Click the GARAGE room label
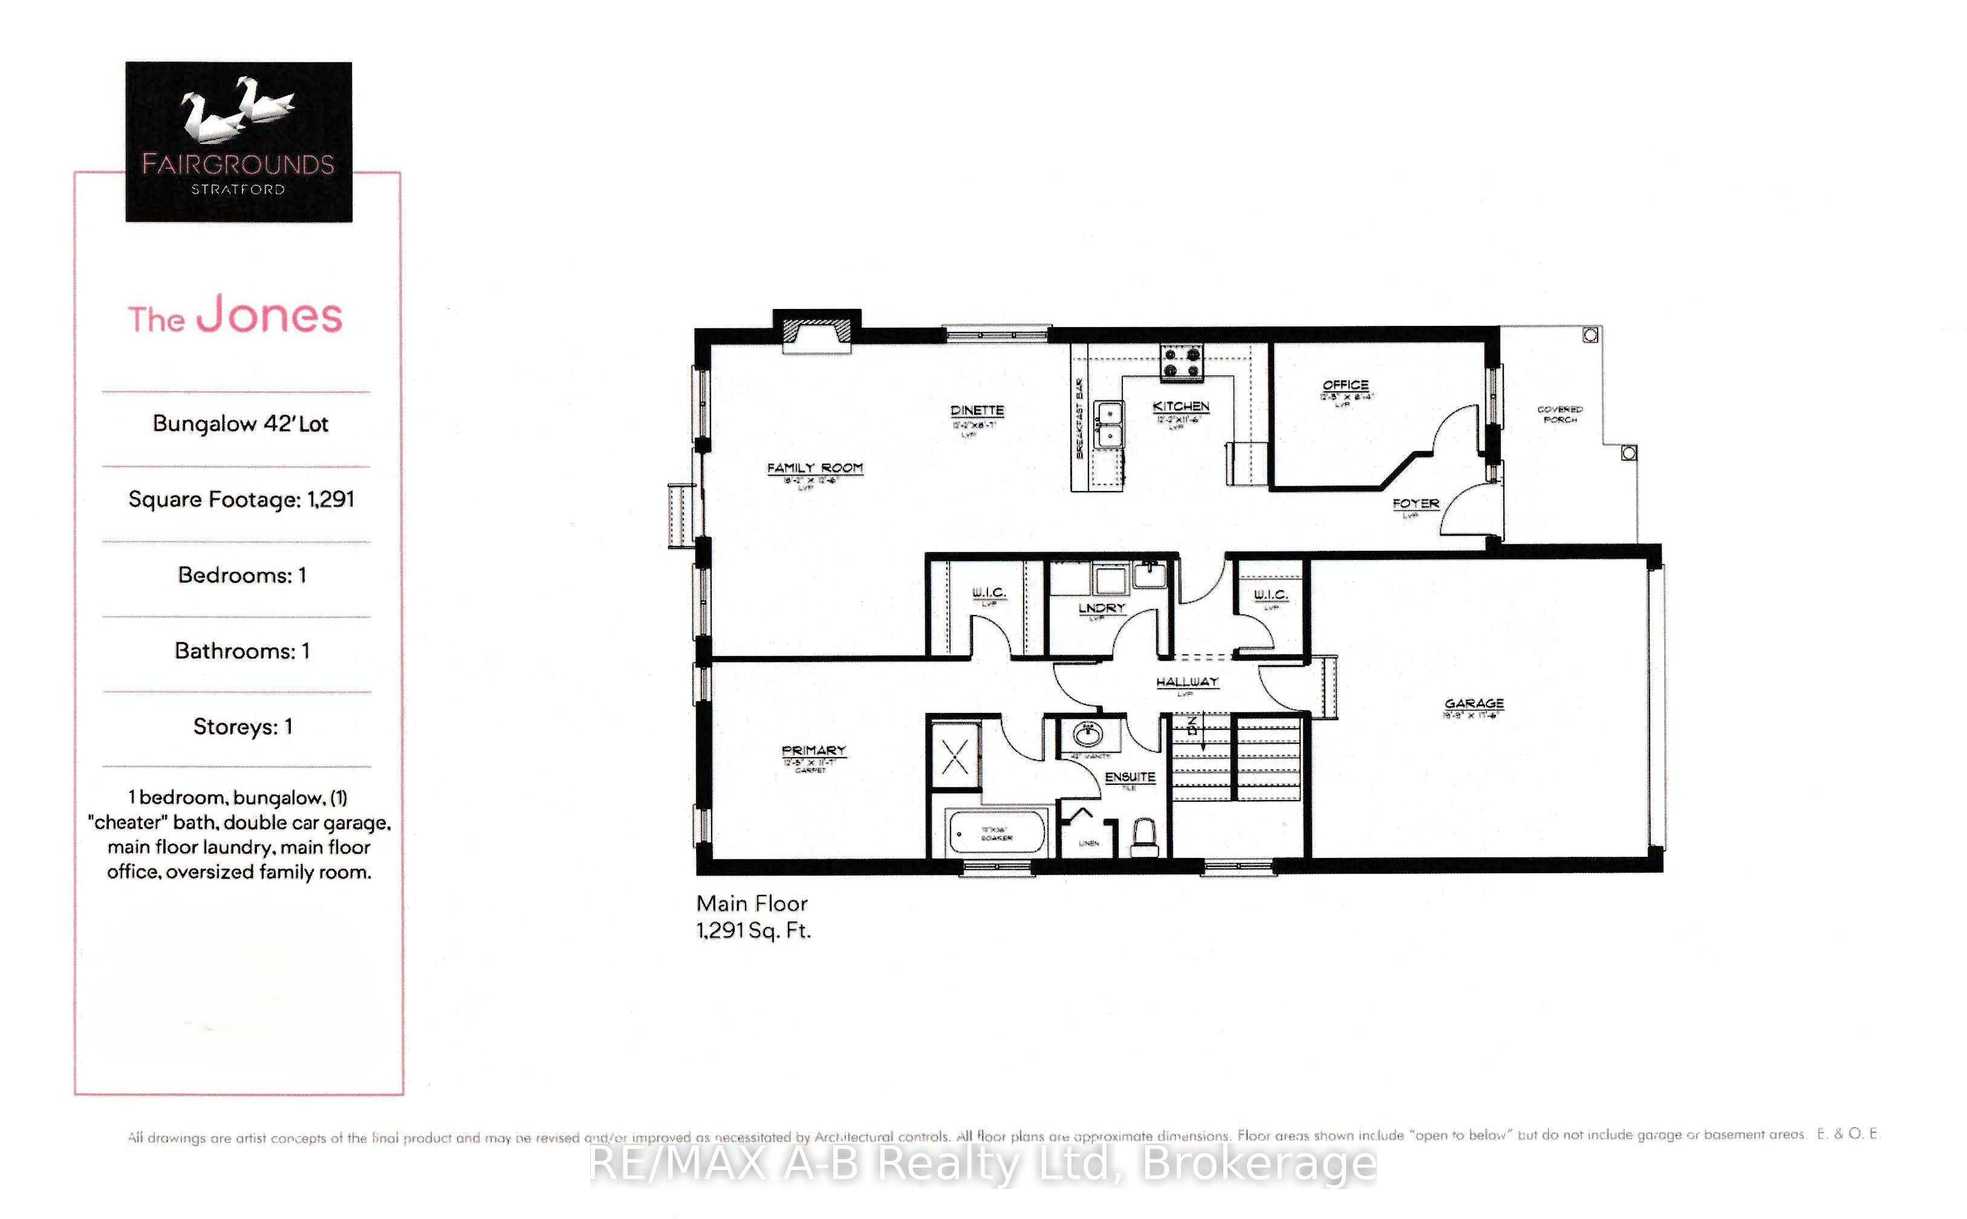click(x=1473, y=703)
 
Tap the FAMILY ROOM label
click(x=814, y=467)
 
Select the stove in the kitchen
click(x=1181, y=361)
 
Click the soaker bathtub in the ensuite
click(x=997, y=831)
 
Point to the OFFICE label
click(x=1345, y=385)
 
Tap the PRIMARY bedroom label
click(x=813, y=750)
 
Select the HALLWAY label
click(x=1186, y=682)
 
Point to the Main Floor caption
click(x=752, y=904)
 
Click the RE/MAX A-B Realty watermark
click(x=982, y=1163)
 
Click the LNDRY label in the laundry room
click(x=1101, y=608)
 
